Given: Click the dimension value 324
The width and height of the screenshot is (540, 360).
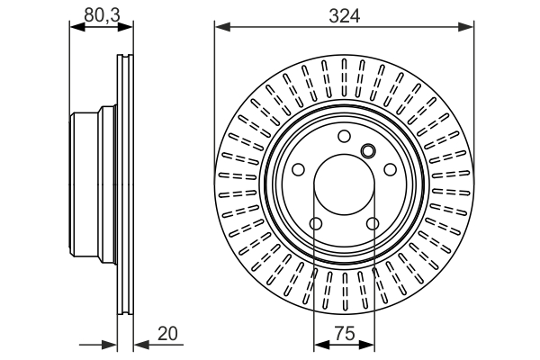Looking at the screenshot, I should pyautogui.click(x=344, y=14).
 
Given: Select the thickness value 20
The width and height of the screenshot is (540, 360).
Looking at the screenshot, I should pyautogui.click(x=167, y=333).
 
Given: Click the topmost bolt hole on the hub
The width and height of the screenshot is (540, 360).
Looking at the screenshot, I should pyautogui.click(x=344, y=137).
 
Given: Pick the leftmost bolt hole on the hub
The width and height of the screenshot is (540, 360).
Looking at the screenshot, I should pyautogui.click(x=299, y=169).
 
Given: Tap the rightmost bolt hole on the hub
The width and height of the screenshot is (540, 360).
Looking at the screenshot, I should pyautogui.click(x=389, y=169).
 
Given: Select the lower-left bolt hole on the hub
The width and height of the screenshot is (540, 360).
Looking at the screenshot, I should pyautogui.click(x=316, y=223).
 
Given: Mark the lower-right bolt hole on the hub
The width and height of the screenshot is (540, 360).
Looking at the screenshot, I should pyautogui.click(x=372, y=223).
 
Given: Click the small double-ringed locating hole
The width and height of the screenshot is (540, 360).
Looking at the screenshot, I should pyautogui.click(x=367, y=150).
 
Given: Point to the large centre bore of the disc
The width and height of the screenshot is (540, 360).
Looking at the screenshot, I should pyautogui.click(x=344, y=184).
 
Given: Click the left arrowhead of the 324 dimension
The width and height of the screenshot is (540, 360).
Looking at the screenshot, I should pyautogui.click(x=220, y=27).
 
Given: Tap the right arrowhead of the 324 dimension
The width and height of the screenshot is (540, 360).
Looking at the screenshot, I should pyautogui.click(x=469, y=27).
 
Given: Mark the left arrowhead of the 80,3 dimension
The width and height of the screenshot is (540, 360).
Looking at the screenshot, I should pyautogui.click(x=75, y=28).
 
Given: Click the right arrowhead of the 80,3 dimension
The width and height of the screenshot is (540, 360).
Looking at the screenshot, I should pyautogui.click(x=129, y=28).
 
